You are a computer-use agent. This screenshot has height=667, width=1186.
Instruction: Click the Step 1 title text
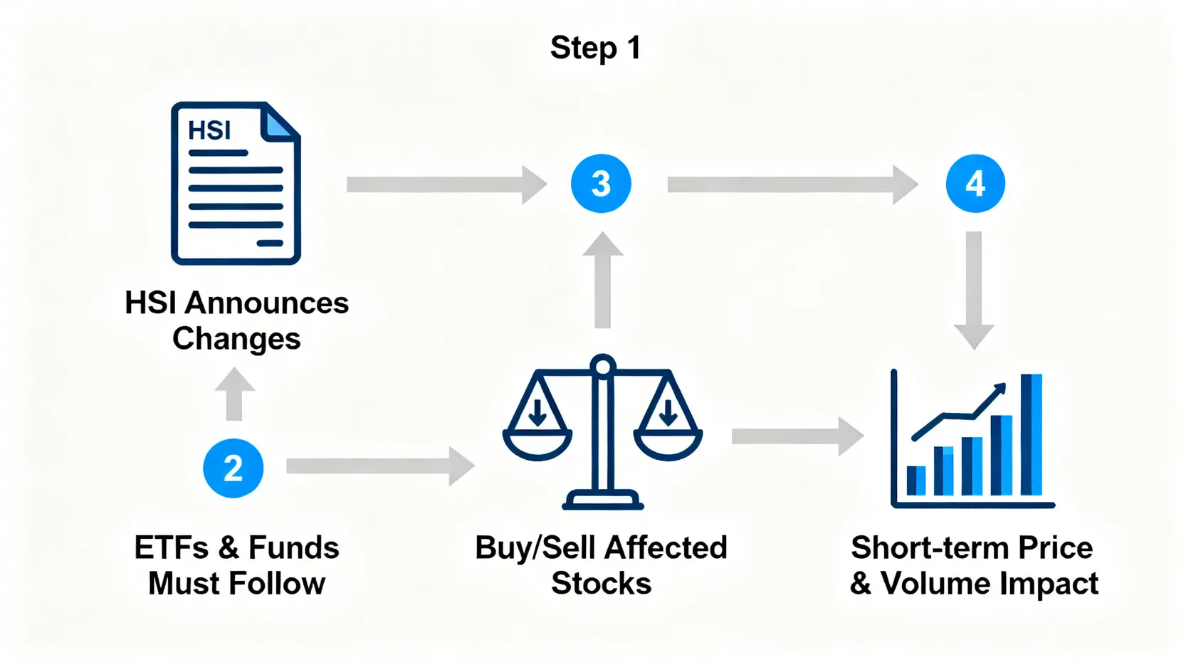click(596, 48)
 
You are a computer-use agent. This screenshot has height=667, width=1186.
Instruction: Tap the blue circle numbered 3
click(601, 184)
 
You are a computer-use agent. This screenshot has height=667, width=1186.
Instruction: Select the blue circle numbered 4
click(975, 184)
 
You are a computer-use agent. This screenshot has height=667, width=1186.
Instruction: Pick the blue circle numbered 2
click(233, 468)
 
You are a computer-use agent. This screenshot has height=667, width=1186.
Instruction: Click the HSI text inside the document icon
click(209, 130)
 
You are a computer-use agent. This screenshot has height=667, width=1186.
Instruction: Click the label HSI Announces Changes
click(236, 320)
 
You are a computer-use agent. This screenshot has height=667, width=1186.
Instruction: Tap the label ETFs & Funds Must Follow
click(236, 565)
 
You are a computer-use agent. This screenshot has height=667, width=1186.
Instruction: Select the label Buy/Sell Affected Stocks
click(601, 565)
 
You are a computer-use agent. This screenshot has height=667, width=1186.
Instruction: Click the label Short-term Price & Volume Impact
click(973, 565)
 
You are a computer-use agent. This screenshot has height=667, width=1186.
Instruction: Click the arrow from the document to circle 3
click(446, 184)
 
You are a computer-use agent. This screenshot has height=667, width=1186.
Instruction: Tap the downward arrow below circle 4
click(974, 289)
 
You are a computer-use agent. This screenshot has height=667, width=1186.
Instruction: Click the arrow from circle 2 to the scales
click(379, 466)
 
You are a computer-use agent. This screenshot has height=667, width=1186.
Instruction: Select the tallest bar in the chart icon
click(1031, 434)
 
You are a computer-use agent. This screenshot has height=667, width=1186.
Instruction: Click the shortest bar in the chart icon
click(915, 480)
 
